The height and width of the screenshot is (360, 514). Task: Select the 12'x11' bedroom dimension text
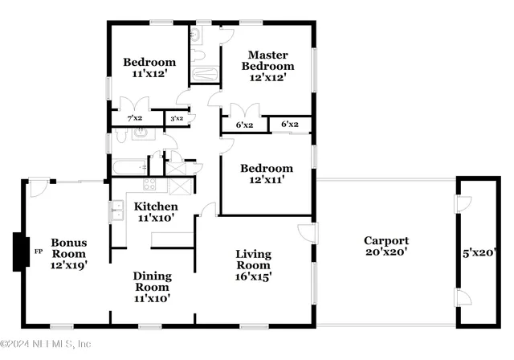coord(267,181)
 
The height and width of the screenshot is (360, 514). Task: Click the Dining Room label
coord(151,281)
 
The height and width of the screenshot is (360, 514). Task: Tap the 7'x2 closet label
coord(134,119)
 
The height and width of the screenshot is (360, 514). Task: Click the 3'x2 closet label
coord(175,119)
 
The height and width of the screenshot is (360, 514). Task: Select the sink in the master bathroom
coord(196,35)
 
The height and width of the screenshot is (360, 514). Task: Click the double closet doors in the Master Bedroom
coord(239,110)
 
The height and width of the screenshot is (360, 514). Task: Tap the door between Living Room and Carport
coord(306,233)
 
